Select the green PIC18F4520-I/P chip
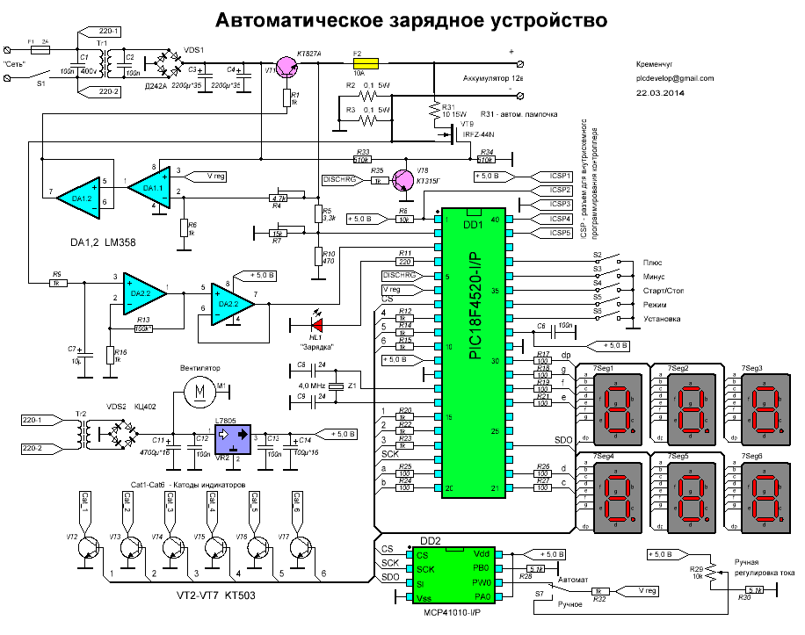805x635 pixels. pyautogui.click(x=474, y=352)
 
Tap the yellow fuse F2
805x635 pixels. pyautogui.click(x=366, y=64)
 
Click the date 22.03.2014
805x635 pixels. pyautogui.click(x=660, y=91)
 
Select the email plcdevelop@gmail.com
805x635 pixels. pyautogui.click(x=676, y=77)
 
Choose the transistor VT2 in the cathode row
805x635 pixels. pyautogui.click(x=89, y=548)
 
